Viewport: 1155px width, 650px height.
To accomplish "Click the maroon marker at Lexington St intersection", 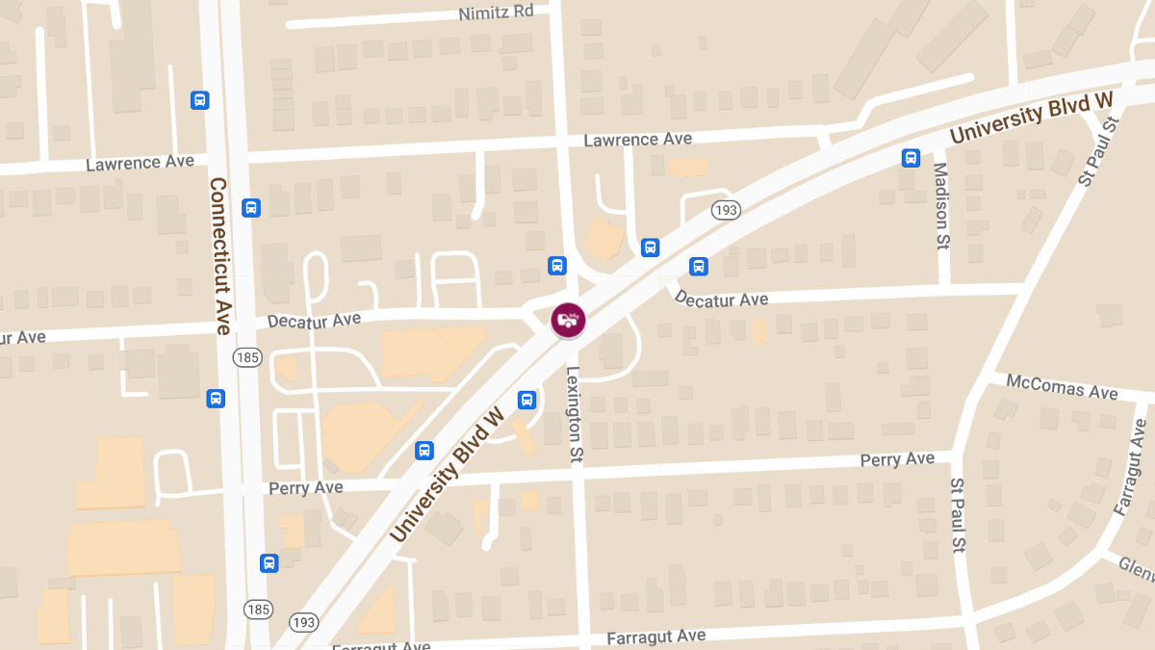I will [568, 320].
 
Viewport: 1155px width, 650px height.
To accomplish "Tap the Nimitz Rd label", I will [498, 13].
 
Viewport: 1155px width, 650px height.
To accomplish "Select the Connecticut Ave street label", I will [220, 256].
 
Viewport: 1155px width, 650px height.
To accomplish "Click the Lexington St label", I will [575, 415].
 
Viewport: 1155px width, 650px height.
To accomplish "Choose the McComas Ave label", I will [1062, 387].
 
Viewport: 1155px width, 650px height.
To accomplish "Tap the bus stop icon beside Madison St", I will [911, 158].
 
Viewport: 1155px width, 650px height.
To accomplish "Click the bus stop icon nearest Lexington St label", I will [526, 399].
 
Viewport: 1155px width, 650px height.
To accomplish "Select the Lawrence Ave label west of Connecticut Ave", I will [140, 163].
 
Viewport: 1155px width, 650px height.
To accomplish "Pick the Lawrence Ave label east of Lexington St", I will [637, 140].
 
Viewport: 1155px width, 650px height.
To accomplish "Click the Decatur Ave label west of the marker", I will [314, 320].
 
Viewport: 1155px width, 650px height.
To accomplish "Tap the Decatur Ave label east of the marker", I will [721, 299].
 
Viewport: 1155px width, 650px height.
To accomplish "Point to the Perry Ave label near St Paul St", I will [897, 459].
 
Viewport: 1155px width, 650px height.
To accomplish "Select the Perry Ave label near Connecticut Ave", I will [305, 488].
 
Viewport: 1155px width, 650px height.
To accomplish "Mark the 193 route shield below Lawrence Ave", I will [726, 209].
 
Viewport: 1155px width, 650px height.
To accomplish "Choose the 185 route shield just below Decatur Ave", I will [247, 358].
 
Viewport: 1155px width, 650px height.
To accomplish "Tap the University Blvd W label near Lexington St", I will [449, 475].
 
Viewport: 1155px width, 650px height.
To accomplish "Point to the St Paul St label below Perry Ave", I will [959, 515].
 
